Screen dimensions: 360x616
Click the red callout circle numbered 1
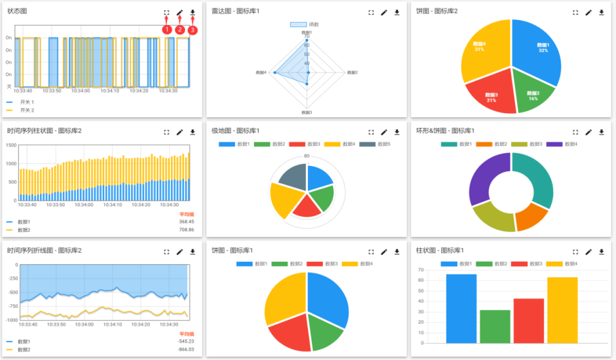coord(167,30)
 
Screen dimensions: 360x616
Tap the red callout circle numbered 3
coord(193,30)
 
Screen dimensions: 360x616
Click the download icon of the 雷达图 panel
coord(397,12)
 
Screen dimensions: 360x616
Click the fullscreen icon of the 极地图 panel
coord(371,132)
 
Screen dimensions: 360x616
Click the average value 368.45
coord(186,222)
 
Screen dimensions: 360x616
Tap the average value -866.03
coord(186,350)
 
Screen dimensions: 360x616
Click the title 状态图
coord(17,12)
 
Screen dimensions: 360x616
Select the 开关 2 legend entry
coord(26,110)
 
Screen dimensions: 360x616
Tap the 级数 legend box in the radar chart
coord(298,24)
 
